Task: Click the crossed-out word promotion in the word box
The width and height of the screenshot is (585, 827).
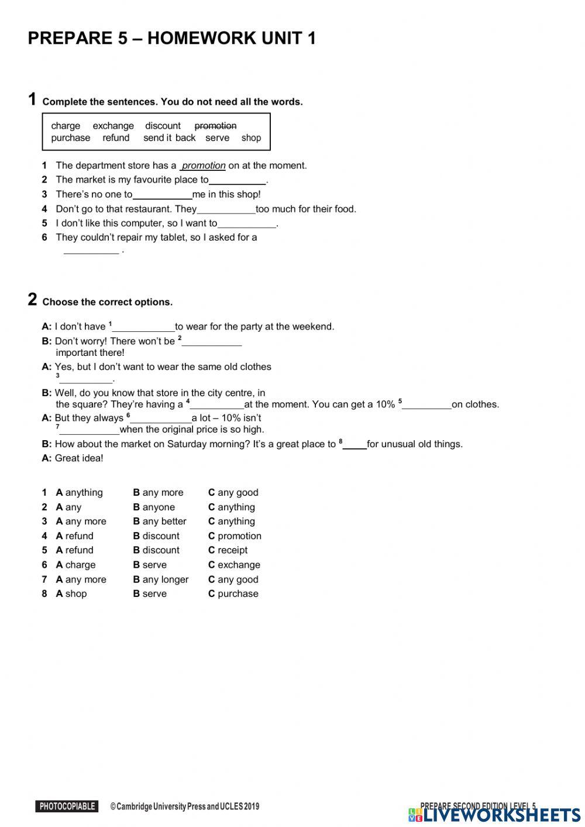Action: point(215,126)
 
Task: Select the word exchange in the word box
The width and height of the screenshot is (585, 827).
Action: point(113,126)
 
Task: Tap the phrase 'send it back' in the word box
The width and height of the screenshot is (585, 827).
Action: point(169,138)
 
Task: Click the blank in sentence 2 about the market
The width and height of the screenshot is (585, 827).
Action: point(237,181)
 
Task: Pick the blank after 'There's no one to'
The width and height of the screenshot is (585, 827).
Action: point(162,195)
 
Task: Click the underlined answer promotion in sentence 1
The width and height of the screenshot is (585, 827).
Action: point(204,166)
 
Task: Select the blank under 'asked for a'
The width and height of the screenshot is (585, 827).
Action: point(91,251)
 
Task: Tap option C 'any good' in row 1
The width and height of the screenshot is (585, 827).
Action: point(233,493)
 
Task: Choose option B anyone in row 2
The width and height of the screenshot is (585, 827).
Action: point(154,507)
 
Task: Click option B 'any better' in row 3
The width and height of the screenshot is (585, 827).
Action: point(160,521)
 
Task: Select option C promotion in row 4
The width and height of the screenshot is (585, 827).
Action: point(235,536)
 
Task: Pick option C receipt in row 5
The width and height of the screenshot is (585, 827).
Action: point(228,550)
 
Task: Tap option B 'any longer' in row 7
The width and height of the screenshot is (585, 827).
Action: point(161,579)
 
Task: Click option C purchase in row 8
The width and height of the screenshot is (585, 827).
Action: point(233,593)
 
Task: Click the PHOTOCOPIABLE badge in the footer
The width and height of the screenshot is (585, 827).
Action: point(67,807)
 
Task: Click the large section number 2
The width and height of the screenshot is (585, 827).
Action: point(32,300)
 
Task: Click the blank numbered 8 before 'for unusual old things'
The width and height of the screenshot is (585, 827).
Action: point(355,445)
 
